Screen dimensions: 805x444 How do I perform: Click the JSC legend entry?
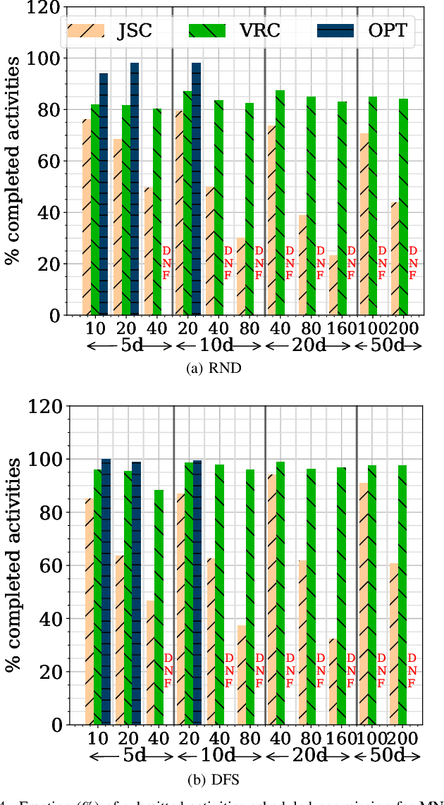(106, 30)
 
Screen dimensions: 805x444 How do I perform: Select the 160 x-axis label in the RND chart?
(342, 328)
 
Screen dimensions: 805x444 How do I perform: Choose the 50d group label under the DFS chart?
(388, 756)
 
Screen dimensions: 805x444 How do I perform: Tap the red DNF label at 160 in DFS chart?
(352, 670)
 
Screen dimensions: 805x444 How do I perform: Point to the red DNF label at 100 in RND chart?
(382, 262)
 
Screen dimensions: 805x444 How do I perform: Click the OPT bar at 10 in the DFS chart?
(106, 592)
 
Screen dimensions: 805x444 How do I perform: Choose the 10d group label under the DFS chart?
(218, 756)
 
